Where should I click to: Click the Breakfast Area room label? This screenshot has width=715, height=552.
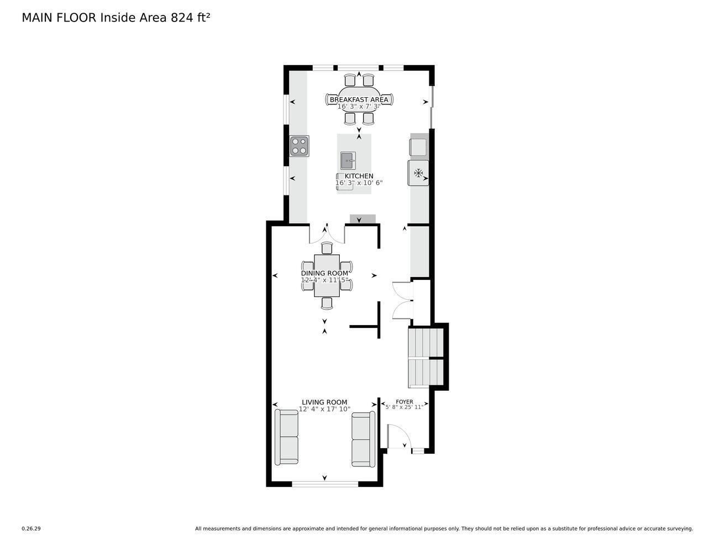point(359,99)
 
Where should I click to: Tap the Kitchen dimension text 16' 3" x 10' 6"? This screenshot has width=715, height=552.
point(359,183)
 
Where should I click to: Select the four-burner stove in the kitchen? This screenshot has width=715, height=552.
point(299,146)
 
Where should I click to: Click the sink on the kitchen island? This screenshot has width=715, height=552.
point(348,161)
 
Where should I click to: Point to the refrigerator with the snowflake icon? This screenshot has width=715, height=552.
point(418,173)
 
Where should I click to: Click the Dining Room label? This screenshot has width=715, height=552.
point(324,273)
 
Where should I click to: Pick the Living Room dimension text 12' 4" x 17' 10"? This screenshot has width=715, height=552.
point(324,410)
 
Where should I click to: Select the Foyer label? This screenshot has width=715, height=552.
point(404,402)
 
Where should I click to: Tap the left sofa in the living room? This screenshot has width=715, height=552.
point(286,437)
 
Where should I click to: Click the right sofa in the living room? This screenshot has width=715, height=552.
point(363,439)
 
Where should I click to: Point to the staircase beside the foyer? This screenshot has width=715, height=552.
point(425,358)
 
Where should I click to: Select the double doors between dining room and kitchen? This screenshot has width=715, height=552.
point(327,235)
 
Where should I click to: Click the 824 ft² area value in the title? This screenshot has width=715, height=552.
point(190,18)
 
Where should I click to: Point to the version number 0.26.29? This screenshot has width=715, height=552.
point(31,528)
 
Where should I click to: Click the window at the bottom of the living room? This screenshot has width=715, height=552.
point(325,484)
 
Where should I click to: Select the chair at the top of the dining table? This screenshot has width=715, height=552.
point(327,248)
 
